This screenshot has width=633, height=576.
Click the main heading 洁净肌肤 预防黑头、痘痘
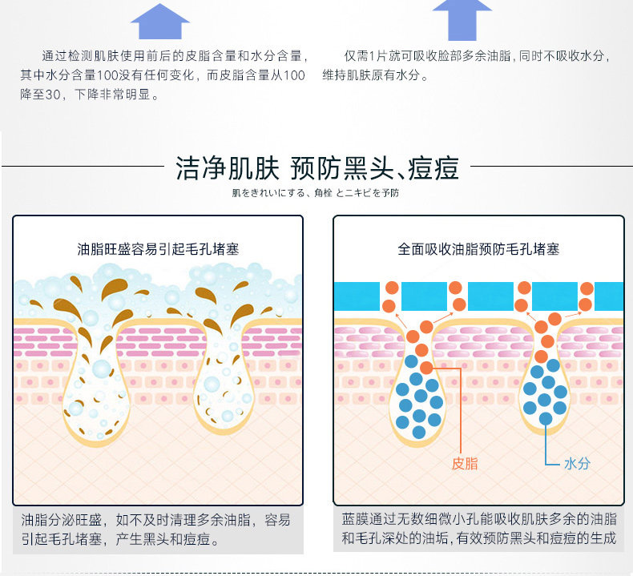(x=316, y=169)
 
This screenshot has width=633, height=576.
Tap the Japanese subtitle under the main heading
(x=316, y=193)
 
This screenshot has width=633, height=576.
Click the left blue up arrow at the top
(x=160, y=22)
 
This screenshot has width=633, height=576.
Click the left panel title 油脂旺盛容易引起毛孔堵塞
(x=158, y=249)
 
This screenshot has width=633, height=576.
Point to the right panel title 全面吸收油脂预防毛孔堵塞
(x=478, y=249)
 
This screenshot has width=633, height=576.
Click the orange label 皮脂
(x=465, y=463)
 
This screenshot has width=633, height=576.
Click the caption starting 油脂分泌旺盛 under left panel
(x=155, y=530)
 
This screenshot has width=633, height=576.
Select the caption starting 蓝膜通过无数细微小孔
(x=478, y=530)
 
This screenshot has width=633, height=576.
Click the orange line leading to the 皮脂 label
(x=462, y=409)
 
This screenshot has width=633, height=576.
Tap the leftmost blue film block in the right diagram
(x=356, y=296)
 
